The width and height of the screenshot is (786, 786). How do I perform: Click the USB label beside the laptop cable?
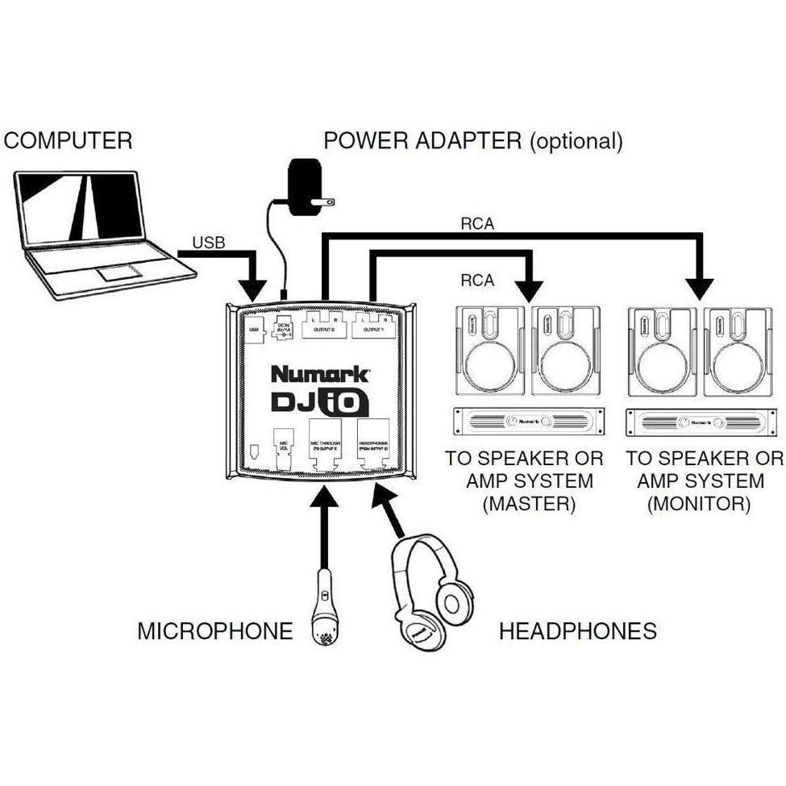207,243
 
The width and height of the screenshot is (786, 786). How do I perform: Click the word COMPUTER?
68,140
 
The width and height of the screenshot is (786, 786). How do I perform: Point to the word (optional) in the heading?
576,141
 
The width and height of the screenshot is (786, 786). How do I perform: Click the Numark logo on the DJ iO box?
320,374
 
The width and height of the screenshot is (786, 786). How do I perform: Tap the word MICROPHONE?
214,630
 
